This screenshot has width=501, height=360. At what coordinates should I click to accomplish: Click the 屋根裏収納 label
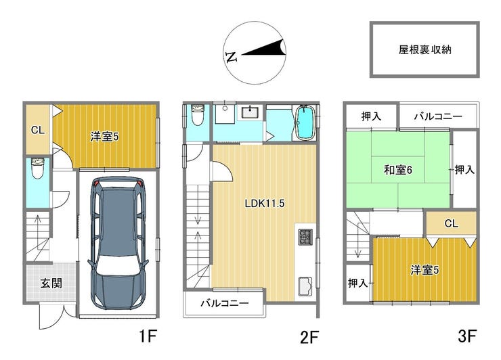[424, 50]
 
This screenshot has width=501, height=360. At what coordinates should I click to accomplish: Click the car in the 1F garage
[118, 243]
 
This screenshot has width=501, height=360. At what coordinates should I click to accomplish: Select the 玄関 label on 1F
[51, 283]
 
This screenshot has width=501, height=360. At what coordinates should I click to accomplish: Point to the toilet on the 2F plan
[197, 114]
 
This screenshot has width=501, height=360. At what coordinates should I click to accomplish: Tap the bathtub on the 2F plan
[305, 122]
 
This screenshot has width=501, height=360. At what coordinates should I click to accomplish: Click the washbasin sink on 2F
[250, 113]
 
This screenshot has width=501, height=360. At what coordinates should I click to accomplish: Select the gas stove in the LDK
[305, 237]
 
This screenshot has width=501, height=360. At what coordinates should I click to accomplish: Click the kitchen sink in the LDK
[305, 286]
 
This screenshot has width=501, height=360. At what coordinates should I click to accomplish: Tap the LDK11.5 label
[265, 204]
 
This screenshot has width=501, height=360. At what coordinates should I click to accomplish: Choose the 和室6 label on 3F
[398, 170]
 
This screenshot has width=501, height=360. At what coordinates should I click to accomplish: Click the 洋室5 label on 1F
[104, 137]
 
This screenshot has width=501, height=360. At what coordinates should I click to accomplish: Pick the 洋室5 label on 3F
[424, 270]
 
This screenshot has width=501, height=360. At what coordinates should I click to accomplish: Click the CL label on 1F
[38, 130]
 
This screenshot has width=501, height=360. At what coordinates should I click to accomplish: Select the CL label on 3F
[451, 223]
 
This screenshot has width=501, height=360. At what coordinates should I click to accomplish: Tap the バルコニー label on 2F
[225, 303]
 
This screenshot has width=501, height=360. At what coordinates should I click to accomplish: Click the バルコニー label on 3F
[438, 116]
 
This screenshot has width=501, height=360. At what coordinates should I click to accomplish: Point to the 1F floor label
[148, 336]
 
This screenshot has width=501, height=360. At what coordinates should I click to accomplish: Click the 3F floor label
[467, 336]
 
